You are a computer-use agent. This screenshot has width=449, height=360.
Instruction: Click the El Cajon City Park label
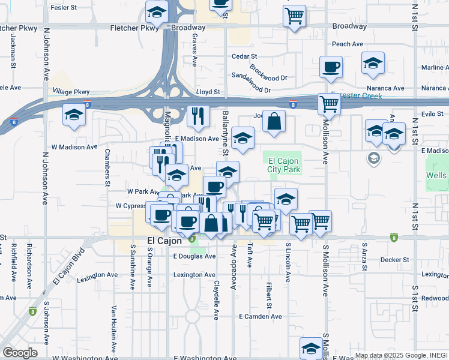(283, 165)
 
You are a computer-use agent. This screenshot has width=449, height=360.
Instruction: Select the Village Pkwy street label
(71, 92)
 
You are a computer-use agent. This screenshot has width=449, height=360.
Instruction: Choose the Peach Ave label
(348, 44)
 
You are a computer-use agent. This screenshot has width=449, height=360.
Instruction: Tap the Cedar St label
(245, 56)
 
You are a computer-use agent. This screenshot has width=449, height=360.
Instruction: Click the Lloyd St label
(208, 92)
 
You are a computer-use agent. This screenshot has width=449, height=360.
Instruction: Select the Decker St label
(394, 260)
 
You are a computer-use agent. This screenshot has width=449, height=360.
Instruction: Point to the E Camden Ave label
(260, 316)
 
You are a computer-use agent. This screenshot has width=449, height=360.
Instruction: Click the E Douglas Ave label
(194, 256)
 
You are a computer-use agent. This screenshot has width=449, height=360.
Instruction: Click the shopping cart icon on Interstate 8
(329, 103)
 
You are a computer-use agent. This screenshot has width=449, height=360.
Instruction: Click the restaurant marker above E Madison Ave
(198, 115)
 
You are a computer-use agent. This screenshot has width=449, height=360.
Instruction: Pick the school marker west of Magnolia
(74, 114)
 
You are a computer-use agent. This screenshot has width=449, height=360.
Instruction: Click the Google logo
(20, 352)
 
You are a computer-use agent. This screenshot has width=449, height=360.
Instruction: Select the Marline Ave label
(435, 67)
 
